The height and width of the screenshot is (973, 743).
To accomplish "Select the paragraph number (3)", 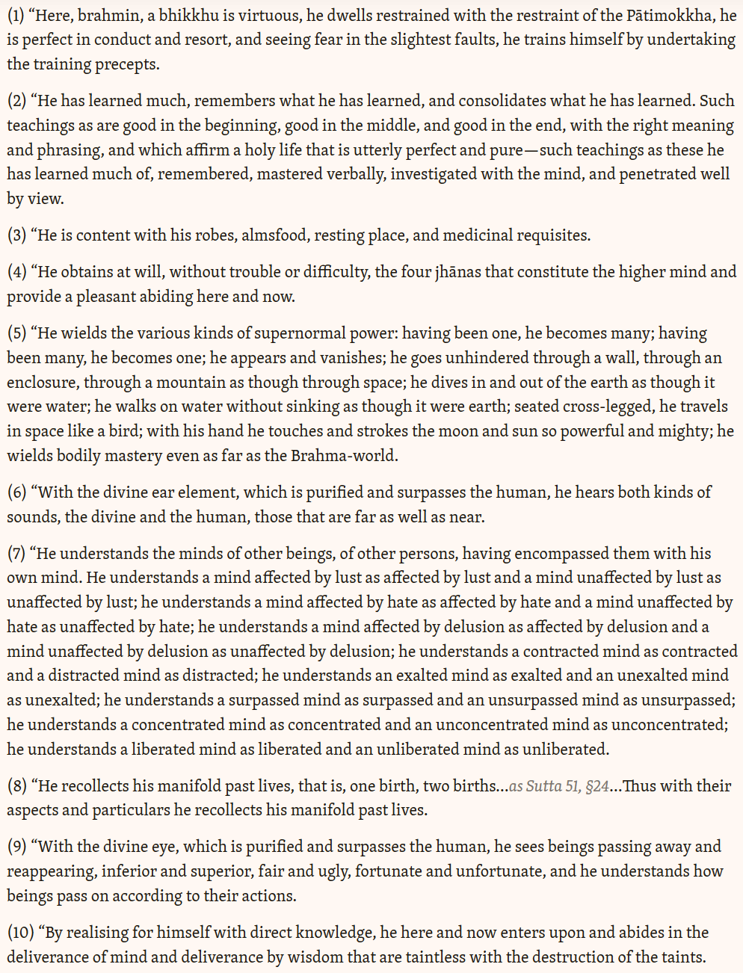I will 16,235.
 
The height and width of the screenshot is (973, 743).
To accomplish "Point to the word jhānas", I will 458,272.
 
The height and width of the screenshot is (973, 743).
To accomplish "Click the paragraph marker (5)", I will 16,333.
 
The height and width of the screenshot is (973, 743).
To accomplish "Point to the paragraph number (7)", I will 16,554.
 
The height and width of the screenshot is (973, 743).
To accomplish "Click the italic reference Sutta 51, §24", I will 559,786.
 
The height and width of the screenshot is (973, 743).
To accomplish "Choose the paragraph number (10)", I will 21,933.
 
